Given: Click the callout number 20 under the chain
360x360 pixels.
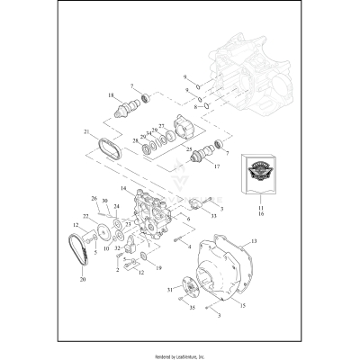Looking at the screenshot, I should click(84, 279).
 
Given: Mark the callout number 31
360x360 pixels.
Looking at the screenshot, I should click(168, 289).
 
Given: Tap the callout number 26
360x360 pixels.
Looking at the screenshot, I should click(94, 197).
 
